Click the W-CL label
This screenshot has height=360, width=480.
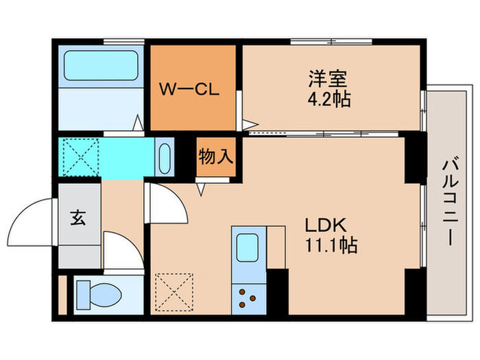click(189, 89)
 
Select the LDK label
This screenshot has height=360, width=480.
click(328, 226)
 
